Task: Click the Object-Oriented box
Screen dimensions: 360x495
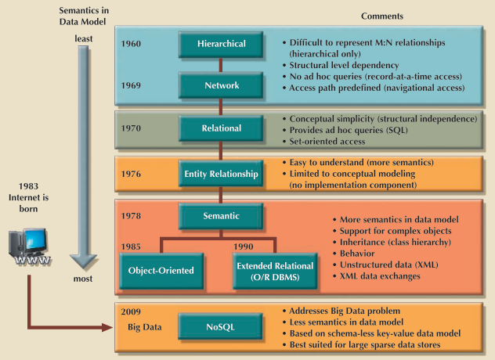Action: (161, 270)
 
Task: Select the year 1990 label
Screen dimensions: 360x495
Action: (244, 245)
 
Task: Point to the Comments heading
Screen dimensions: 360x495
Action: (382, 16)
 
